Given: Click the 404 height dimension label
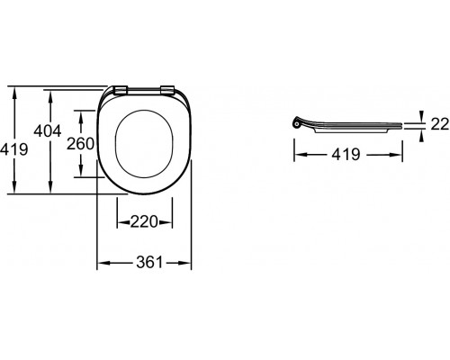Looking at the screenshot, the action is [x=48, y=131].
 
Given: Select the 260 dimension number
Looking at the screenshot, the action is [x=80, y=144].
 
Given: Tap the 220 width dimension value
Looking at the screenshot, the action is [x=144, y=222].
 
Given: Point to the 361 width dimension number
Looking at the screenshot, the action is [x=149, y=263].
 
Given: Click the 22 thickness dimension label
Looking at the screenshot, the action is [x=440, y=124].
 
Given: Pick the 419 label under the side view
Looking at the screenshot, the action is [x=346, y=155].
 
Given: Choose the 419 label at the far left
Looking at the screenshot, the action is [x=13, y=148].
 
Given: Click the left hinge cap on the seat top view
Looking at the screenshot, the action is [x=121, y=90].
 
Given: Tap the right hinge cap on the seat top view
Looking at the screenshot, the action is [x=167, y=90].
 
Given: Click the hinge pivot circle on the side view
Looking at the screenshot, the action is [x=297, y=123].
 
